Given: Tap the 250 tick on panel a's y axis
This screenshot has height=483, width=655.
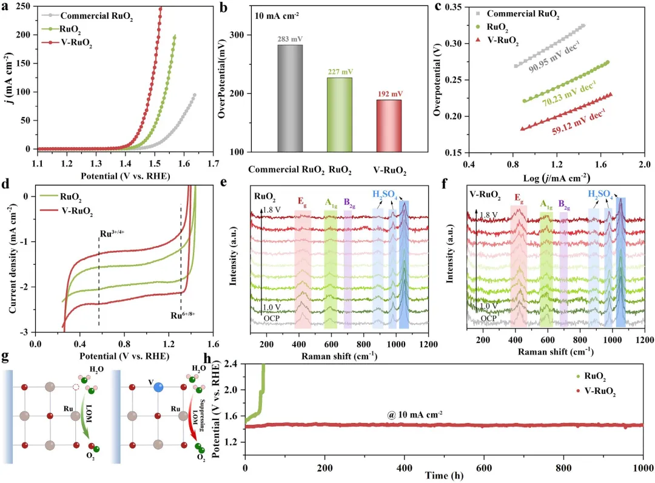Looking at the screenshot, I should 24,7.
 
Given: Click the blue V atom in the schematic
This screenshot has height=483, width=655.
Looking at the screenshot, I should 158,386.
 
